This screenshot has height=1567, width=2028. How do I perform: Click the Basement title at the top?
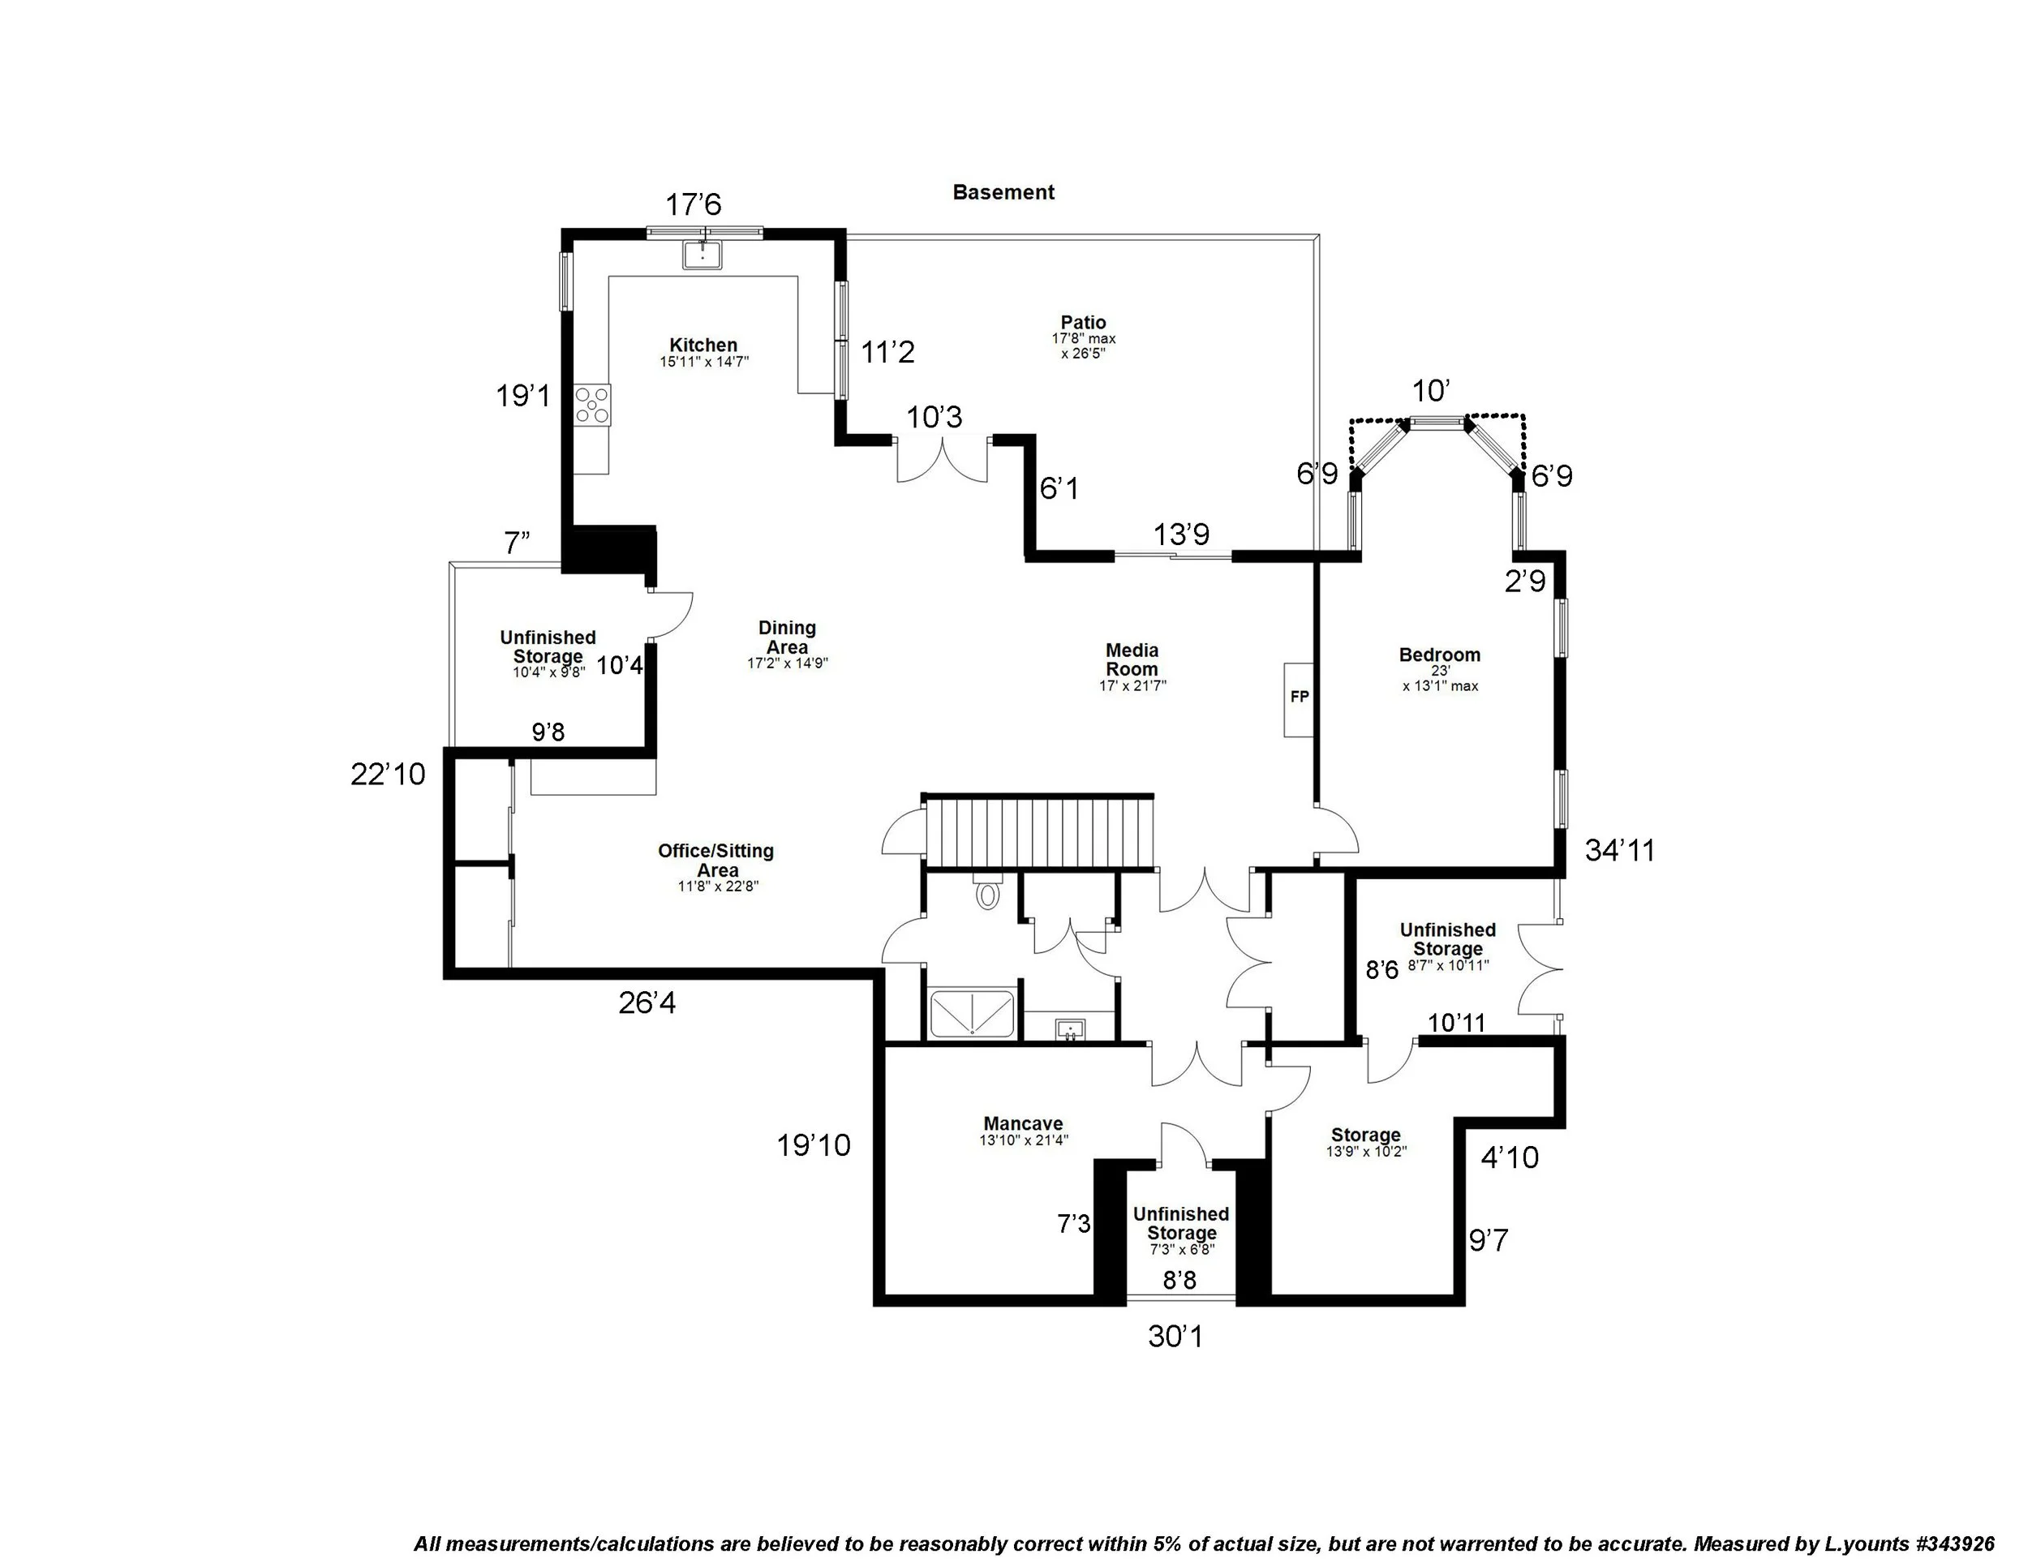1003,192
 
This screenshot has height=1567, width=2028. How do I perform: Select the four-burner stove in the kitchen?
591,405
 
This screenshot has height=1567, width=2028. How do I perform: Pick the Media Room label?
1131,659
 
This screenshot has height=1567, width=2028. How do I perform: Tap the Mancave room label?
1023,1123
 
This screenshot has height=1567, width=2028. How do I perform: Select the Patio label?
1084,323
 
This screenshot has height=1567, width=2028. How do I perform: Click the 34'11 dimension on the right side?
1619,850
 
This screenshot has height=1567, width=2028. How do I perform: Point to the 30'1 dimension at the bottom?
1175,1337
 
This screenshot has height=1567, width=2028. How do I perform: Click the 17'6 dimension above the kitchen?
694,204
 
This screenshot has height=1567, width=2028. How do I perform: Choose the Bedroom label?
1439,655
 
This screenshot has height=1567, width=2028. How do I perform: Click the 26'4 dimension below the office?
647,1002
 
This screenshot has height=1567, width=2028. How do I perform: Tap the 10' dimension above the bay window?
1431,391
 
